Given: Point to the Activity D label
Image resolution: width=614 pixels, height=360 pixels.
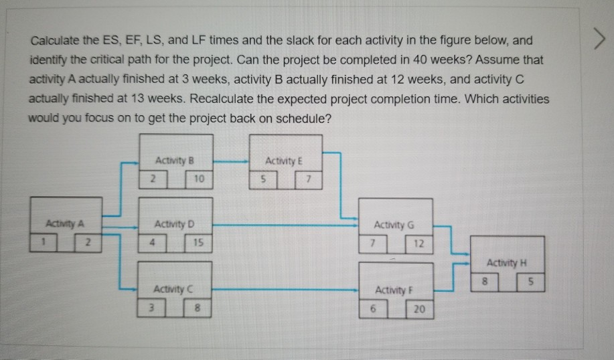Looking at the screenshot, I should point(173,223).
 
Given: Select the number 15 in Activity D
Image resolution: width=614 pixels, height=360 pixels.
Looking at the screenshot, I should point(199,243).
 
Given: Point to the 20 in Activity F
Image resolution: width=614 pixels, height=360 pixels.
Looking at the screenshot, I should point(419,309).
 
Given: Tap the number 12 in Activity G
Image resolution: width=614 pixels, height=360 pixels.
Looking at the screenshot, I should point(419,244).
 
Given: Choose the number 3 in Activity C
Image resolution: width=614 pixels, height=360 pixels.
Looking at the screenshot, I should point(151,308).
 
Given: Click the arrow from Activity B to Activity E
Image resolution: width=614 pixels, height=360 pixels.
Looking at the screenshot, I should point(231,161).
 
